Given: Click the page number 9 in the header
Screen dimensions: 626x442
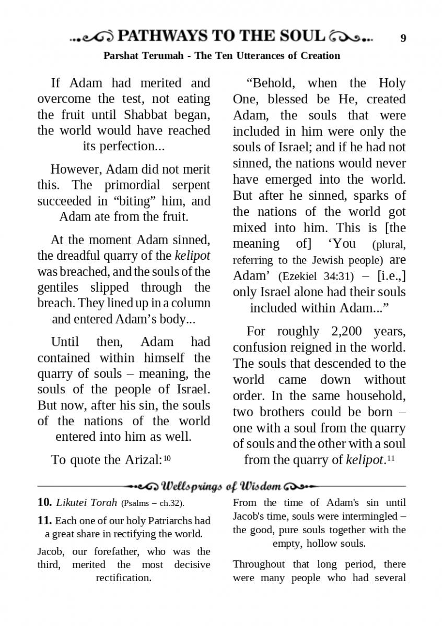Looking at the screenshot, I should [403, 38].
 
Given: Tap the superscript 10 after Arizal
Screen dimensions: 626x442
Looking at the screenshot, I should [167, 459].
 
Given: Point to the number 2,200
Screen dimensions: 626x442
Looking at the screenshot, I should [350, 331].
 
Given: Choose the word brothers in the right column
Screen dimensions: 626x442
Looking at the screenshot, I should [282, 412].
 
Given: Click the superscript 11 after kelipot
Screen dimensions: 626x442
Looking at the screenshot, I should [390, 459].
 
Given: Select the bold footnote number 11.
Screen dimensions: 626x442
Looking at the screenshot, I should [44, 521].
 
